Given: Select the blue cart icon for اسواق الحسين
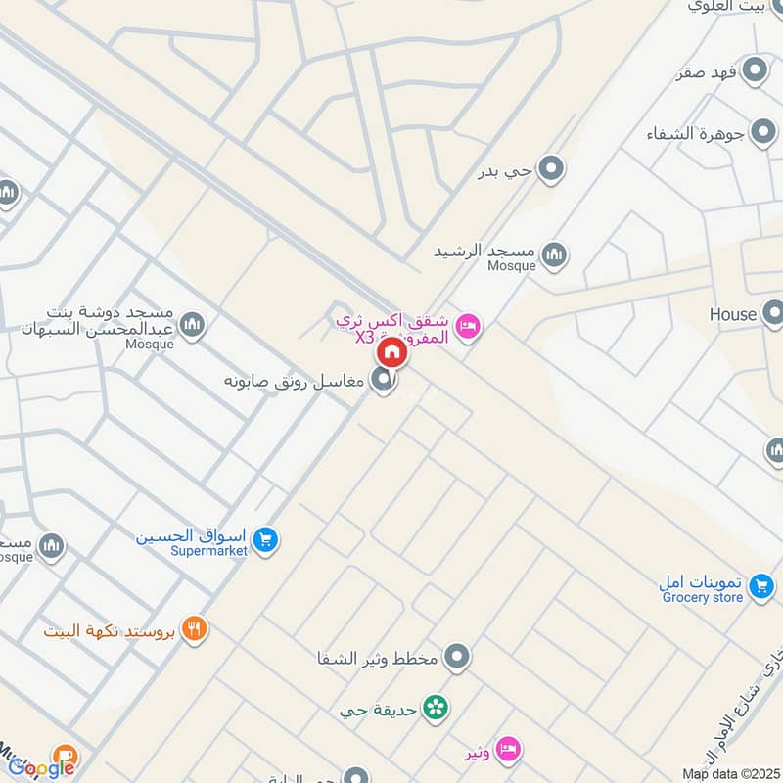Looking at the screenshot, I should tap(264, 539).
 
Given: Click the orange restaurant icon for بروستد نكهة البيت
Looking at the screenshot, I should tap(195, 629).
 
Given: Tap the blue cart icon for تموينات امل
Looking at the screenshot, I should tap(760, 588).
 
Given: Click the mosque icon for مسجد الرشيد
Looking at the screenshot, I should tap(555, 254).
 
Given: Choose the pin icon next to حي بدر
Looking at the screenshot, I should tap(552, 169).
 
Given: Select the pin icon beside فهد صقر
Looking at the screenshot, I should tap(755, 70).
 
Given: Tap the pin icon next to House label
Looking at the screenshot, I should tap(774, 313).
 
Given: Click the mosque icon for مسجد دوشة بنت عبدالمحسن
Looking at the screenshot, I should tap(193, 324).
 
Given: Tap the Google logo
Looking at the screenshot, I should tap(41, 766).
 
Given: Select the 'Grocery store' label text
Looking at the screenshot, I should tap(702, 597).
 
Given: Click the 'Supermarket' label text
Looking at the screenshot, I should tap(208, 551).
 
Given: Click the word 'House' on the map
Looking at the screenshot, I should tap(733, 314).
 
